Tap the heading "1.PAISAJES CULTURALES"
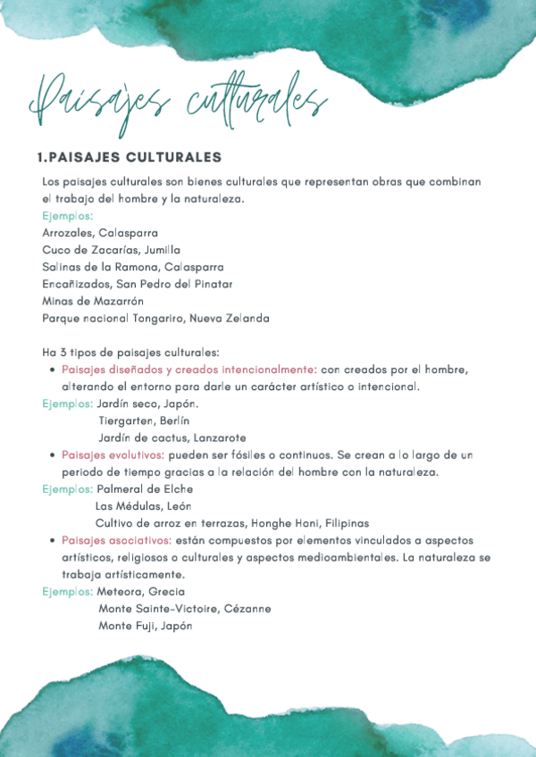[129, 158]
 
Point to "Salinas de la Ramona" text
[98, 267]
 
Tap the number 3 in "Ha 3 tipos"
[63, 353]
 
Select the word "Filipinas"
[347, 523]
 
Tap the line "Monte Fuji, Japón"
[146, 626]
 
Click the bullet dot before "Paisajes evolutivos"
[53, 455]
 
